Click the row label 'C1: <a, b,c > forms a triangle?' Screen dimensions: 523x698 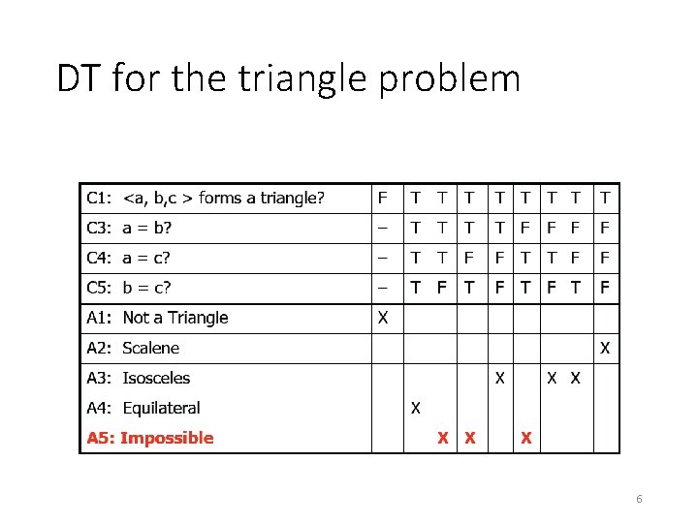tap(205, 199)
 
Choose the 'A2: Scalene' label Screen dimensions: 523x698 tap(133, 348)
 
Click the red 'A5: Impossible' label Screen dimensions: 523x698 tap(150, 438)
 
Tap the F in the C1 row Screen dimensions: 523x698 tap(383, 199)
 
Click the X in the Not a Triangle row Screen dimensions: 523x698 tap(383, 318)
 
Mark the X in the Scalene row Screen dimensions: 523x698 tap(605, 348)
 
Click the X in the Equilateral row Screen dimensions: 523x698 tap(415, 408)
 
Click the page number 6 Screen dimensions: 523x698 tap(639, 499)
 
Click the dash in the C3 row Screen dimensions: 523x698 tap(383, 229)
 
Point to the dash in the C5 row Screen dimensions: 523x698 tap(383, 288)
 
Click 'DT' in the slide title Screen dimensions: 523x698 tap(80, 78)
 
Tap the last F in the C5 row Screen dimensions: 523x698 tap(605, 288)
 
